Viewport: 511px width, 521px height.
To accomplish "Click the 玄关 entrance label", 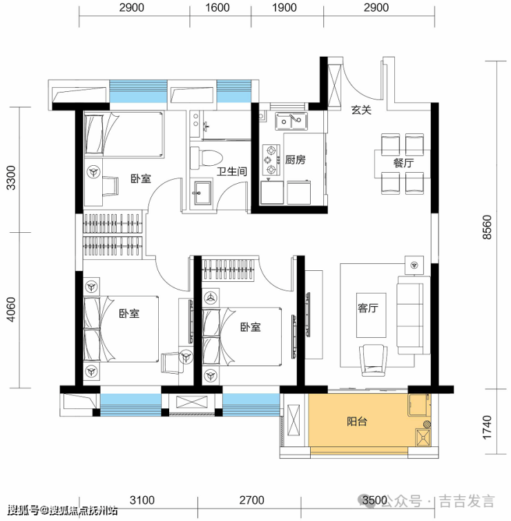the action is tap(361, 110).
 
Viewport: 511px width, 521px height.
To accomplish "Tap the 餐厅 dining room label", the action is tap(403, 163).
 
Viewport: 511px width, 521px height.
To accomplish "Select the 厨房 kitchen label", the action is tap(295, 160).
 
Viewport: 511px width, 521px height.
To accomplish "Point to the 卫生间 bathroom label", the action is tap(232, 171).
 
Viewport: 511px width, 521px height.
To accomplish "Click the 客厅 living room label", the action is tap(368, 308).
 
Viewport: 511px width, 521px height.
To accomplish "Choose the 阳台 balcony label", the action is tap(357, 421).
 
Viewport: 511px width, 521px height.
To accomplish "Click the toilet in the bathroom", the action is tap(206, 158).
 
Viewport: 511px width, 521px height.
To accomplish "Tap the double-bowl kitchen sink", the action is tap(291, 121).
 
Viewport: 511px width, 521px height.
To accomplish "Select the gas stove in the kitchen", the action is tap(271, 160).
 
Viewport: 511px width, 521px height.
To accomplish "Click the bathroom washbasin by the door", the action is tap(202, 193).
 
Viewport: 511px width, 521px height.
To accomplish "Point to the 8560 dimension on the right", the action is tap(487, 227).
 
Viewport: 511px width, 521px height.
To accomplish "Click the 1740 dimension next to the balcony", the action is tap(487, 427).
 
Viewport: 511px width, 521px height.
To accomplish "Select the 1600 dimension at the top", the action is tap(218, 8).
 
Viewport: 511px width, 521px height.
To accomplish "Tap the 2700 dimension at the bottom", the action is tap(251, 500).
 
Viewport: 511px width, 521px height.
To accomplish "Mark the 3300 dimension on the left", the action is tap(11, 178).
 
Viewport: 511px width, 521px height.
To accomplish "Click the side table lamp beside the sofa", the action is tap(414, 265).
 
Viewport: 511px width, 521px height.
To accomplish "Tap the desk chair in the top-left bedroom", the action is tap(110, 186).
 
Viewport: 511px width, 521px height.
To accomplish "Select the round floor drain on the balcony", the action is tap(427, 424).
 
